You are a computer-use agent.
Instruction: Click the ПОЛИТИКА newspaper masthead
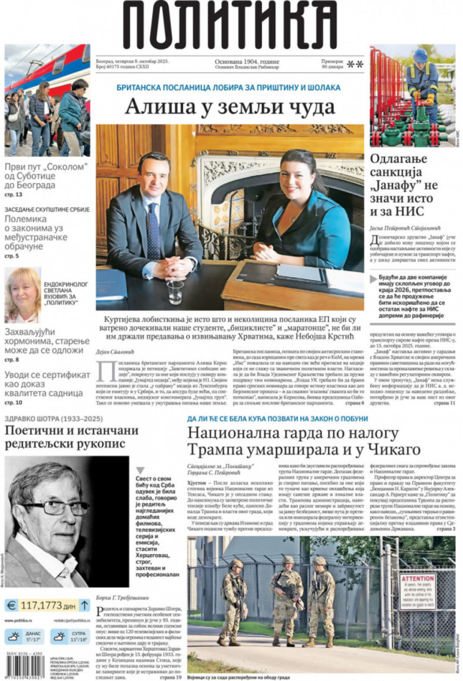point(230,26)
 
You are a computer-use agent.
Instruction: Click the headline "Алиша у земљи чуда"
point(230,107)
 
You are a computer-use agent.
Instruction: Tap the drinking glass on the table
point(174,292)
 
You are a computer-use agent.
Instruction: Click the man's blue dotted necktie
point(154,231)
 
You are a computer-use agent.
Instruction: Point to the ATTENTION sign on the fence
point(417,592)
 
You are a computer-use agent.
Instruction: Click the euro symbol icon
point(11,605)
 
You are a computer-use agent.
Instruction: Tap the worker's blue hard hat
point(420,55)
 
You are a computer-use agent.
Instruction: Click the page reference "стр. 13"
point(13,195)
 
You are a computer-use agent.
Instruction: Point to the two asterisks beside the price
point(355,64)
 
